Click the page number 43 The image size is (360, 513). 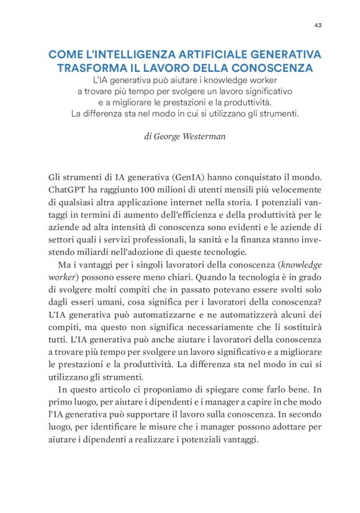point(317,25)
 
